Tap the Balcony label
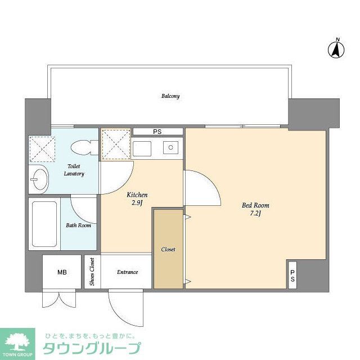click(170, 96)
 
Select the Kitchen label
click(137, 195)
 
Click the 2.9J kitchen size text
click(137, 203)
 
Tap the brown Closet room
click(168, 249)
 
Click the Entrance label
click(128, 272)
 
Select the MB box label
click(62, 272)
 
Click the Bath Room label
click(78, 226)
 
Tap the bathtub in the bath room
click(44, 224)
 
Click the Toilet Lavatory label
click(75, 170)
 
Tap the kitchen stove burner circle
click(170, 148)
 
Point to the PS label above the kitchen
click(157, 132)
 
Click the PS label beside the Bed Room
click(292, 276)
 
